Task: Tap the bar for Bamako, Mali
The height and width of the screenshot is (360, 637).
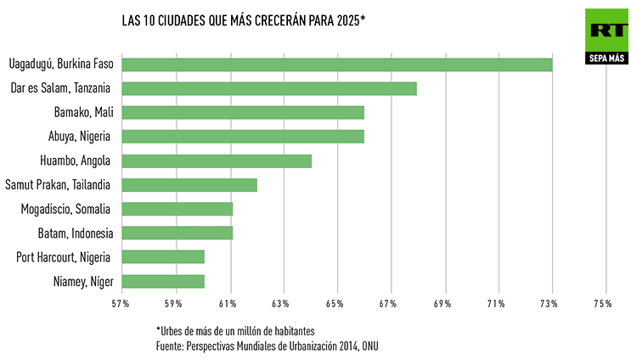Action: click(243, 112)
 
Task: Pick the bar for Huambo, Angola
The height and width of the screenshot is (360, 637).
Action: click(217, 160)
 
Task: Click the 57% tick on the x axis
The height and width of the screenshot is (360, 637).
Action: click(120, 304)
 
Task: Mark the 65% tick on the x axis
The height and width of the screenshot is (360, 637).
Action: click(335, 304)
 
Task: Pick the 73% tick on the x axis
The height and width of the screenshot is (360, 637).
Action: click(550, 304)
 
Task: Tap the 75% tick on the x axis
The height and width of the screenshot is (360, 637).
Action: click(603, 304)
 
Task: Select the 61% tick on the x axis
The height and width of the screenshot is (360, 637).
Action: click(228, 304)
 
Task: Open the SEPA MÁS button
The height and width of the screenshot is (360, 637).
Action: click(606, 59)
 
